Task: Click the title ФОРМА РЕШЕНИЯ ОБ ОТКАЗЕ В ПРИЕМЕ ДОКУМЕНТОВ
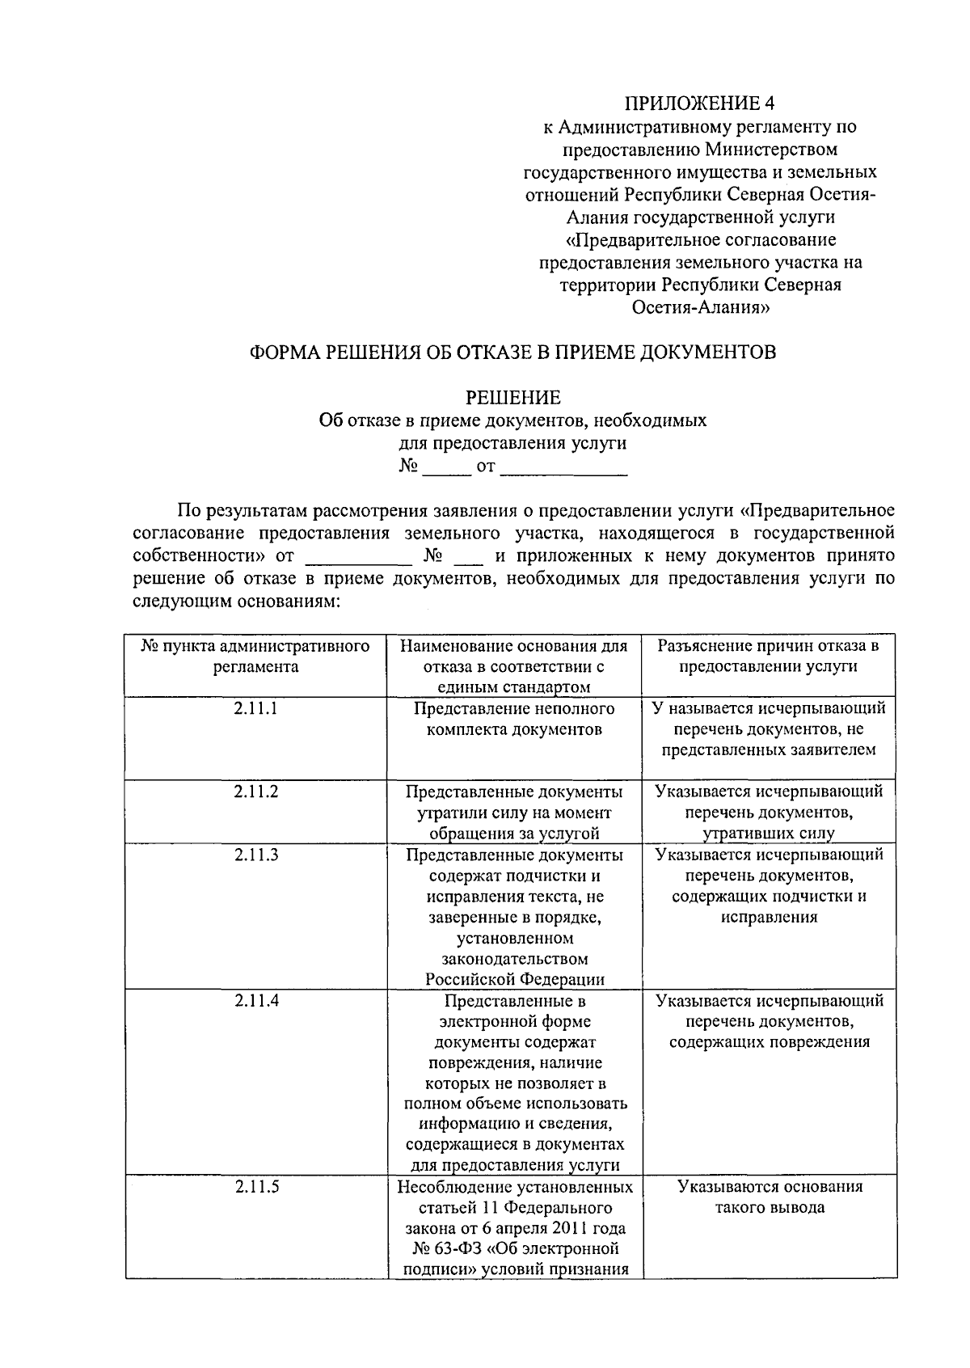(x=512, y=353)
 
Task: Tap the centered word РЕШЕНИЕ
(x=512, y=398)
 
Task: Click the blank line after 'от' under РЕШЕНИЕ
(x=563, y=468)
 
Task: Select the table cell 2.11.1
(x=256, y=708)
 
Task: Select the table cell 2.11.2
(x=256, y=792)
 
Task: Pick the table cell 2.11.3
(x=256, y=855)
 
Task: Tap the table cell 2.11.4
(x=256, y=1000)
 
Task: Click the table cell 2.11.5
(x=256, y=1187)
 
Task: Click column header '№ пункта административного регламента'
(x=256, y=657)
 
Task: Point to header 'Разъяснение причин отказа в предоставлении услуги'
(x=769, y=657)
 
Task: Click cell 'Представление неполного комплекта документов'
(x=514, y=719)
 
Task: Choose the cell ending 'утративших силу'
(x=769, y=813)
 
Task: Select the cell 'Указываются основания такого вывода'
(x=769, y=1197)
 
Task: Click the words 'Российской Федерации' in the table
(x=515, y=979)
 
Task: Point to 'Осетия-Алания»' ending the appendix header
(x=699, y=307)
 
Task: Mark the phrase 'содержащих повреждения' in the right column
(x=769, y=1042)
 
